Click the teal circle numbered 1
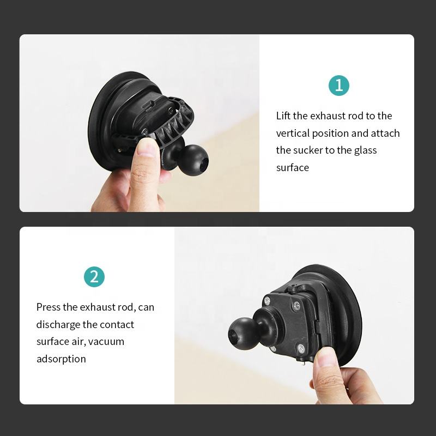coord(338,86)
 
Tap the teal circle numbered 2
coord(94,277)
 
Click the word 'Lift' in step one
coord(283,116)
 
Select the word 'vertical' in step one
coord(293,133)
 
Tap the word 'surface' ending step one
coord(293,168)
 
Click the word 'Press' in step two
coord(48,307)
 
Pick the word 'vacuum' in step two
coord(106,342)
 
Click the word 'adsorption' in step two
coord(61,359)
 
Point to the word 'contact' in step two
coord(117,324)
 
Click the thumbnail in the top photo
coord(147,147)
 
